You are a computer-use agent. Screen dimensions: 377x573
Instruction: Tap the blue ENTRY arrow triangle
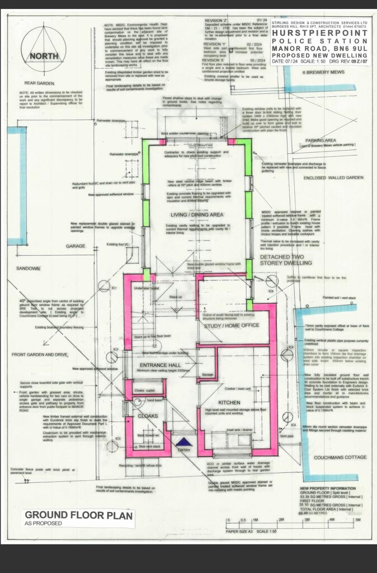tap(183, 443)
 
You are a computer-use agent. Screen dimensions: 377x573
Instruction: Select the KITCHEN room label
tap(229, 402)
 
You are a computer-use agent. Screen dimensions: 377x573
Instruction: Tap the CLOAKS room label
tap(142, 416)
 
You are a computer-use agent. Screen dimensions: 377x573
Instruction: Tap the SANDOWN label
tap(28, 269)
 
